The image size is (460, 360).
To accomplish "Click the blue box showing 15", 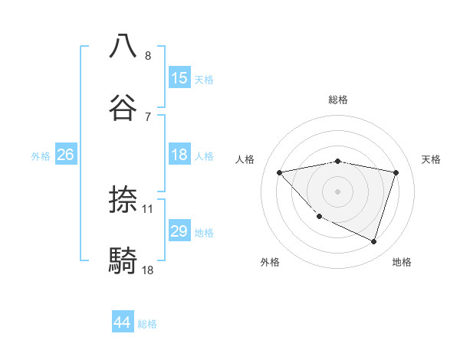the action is [x=179, y=78].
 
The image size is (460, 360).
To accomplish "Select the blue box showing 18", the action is [x=179, y=155].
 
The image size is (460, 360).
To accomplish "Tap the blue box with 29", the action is [x=179, y=231].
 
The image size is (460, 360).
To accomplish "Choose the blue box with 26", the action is [x=65, y=155].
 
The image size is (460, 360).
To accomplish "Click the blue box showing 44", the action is [x=123, y=323].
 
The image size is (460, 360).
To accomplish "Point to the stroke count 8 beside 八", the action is [x=148, y=56].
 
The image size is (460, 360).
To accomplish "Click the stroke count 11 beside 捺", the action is [x=149, y=208].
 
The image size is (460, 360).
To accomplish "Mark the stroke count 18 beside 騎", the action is [x=148, y=270].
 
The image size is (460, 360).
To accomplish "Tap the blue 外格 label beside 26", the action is [x=41, y=155].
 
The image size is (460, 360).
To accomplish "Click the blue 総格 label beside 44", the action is [x=147, y=324].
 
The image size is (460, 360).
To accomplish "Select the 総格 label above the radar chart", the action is [x=337, y=100].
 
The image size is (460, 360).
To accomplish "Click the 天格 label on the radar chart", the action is [x=431, y=159].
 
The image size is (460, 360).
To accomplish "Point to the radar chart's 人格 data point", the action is [x=280, y=172].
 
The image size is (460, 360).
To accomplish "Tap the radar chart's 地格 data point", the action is [x=373, y=241].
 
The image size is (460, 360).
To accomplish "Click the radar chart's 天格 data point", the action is [x=396, y=172].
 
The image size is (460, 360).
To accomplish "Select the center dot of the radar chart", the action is [x=337, y=191].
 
